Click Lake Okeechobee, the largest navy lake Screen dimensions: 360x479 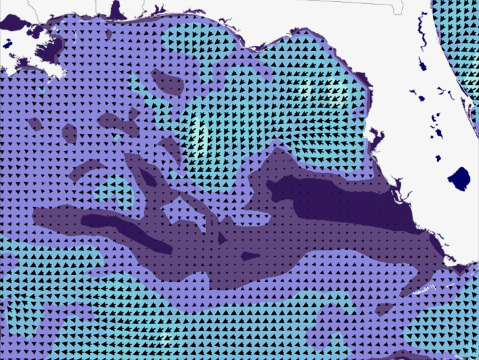(459, 178)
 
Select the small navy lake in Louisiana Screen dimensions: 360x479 (7, 45)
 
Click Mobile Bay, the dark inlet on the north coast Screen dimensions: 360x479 (117, 10)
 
